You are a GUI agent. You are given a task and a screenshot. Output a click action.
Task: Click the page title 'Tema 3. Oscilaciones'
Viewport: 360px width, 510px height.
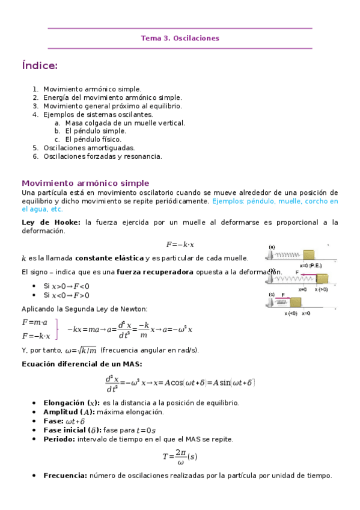[x=180, y=38]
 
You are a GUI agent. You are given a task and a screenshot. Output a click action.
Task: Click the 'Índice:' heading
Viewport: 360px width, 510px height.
[x=40, y=66]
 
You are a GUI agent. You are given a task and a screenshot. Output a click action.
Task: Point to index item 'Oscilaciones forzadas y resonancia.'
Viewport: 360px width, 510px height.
[x=102, y=156]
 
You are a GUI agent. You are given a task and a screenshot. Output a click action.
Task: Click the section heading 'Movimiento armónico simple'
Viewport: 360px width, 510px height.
[x=85, y=183]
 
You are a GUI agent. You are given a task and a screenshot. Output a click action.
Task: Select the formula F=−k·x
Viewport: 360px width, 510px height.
[x=180, y=245]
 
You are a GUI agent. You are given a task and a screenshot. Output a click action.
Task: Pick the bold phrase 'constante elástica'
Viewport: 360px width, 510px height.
[x=109, y=258]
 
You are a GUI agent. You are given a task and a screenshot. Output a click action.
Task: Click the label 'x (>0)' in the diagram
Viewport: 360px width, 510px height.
[x=321, y=289]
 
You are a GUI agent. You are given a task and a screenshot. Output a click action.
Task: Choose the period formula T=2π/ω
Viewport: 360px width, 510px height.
[x=180, y=456]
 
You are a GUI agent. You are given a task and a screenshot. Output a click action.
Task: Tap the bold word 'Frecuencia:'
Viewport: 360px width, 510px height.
[x=66, y=475]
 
